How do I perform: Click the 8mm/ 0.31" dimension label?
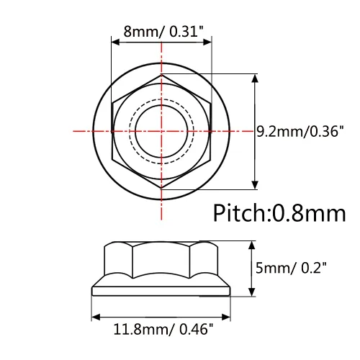(163, 32)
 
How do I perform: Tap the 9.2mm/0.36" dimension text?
(300, 131)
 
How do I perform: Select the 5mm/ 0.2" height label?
(291, 268)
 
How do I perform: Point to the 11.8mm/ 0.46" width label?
(163, 329)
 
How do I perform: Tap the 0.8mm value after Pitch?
(309, 213)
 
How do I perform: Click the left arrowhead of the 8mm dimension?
(116, 42)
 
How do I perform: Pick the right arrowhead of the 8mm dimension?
(207, 42)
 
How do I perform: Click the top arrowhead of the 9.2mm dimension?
(256, 78)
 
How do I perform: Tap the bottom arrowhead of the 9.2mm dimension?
(256, 185)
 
